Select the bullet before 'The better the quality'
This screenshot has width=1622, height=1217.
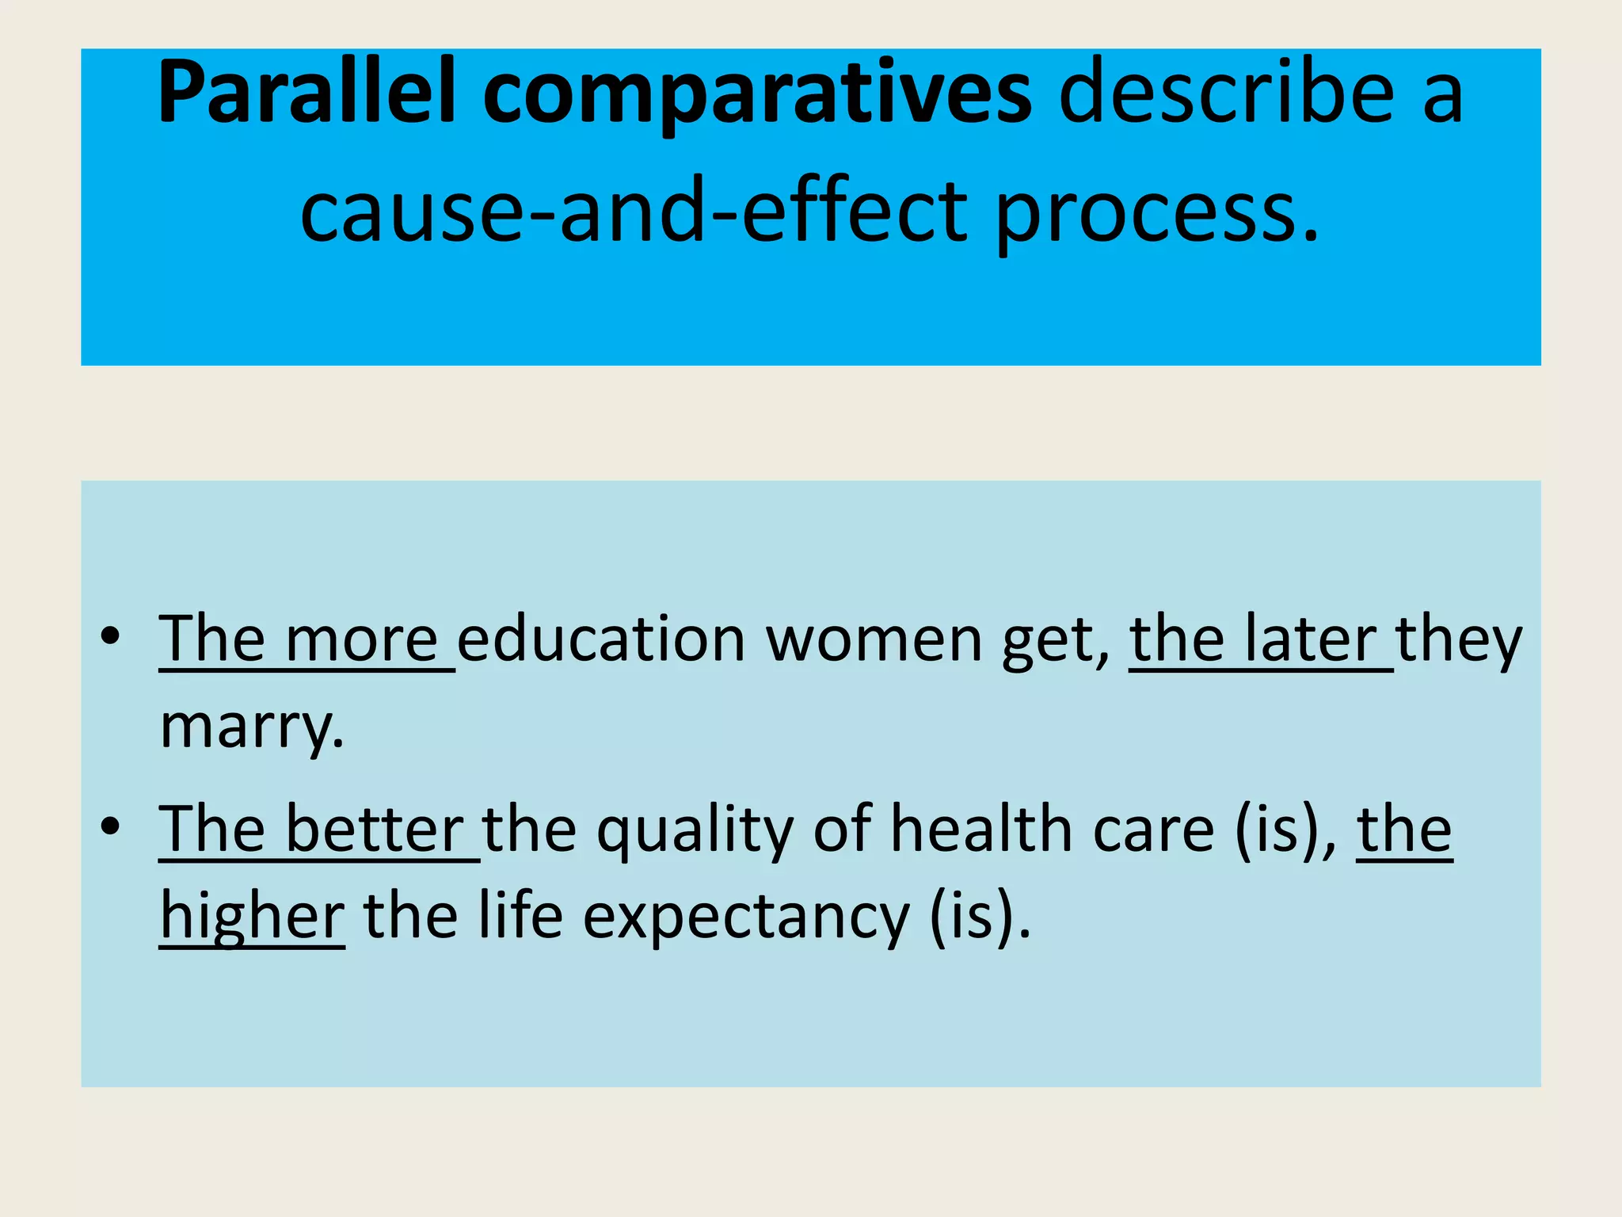pos(110,826)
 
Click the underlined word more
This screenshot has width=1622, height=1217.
pos(361,640)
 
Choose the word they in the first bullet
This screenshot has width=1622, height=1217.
pos(1459,640)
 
